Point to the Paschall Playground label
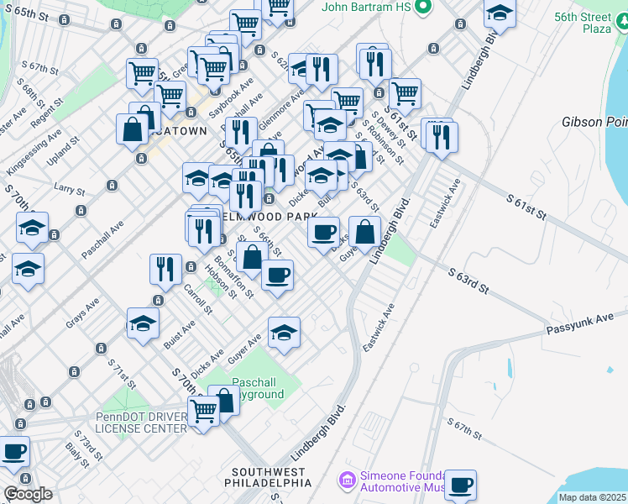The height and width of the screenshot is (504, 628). (x=254, y=387)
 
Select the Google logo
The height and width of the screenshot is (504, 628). (x=28, y=494)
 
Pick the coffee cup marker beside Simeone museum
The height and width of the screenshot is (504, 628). (x=460, y=486)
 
